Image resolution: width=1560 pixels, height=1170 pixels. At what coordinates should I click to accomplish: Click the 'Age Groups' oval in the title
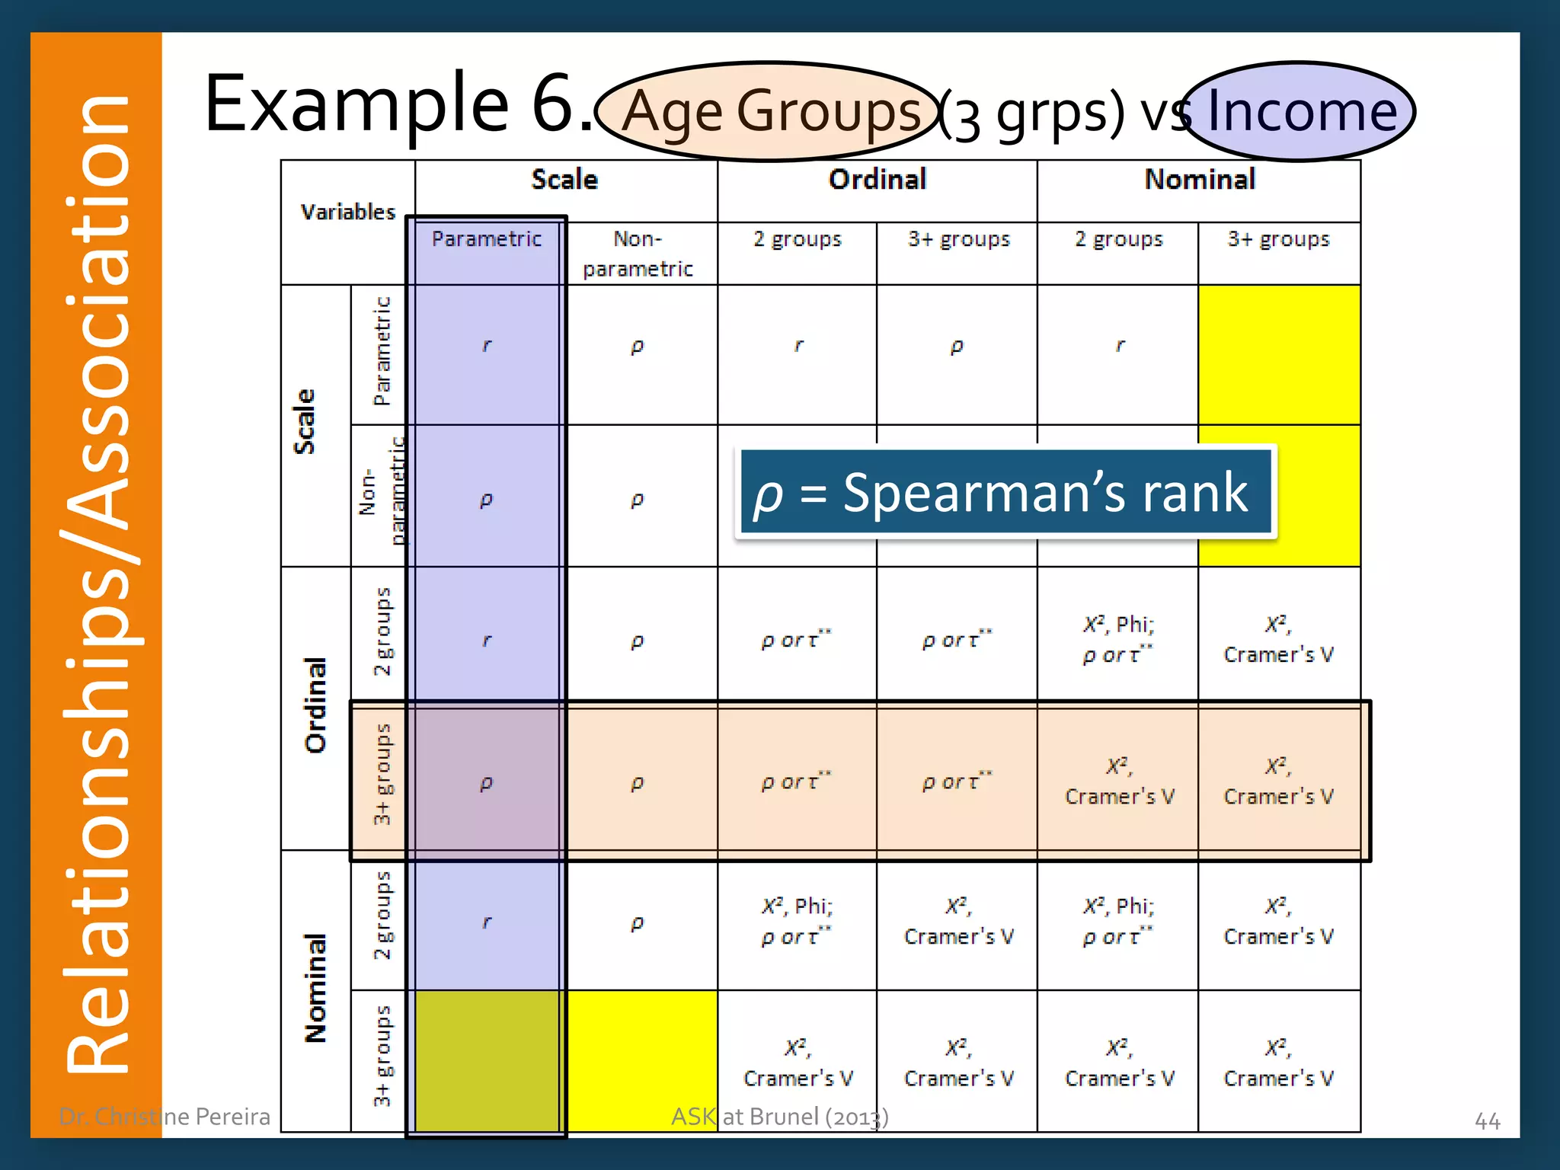pyautogui.click(x=769, y=111)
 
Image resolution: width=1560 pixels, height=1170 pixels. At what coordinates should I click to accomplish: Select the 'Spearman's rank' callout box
pyautogui.click(x=1005, y=492)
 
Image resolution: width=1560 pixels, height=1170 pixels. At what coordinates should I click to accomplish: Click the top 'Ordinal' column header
pyautogui.click(x=877, y=180)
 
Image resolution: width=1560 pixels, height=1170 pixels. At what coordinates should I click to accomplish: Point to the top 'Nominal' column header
pyautogui.click(x=1200, y=180)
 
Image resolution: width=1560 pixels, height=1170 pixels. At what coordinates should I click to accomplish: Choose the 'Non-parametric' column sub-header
pyautogui.click(x=638, y=254)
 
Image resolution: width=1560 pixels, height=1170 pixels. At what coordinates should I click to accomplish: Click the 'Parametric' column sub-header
pyautogui.click(x=487, y=239)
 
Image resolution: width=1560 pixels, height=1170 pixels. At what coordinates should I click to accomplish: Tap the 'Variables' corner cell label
pyautogui.click(x=348, y=212)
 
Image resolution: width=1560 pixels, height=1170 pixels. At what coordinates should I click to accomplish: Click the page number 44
pyautogui.click(x=1487, y=1120)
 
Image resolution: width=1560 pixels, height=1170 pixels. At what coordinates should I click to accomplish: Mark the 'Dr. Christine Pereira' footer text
pyautogui.click(x=165, y=1117)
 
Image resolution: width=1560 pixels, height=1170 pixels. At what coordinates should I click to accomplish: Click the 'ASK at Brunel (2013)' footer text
pyautogui.click(x=779, y=1117)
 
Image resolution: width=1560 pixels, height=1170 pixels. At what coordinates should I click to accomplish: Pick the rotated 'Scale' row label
pyautogui.click(x=305, y=422)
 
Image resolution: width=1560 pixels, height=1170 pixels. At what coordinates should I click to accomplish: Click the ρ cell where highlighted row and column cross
pyautogui.click(x=487, y=782)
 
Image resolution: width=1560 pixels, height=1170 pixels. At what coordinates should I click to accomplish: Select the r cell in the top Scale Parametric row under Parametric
pyautogui.click(x=487, y=346)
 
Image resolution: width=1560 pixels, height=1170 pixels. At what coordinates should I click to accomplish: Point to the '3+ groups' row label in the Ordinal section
pyautogui.click(x=382, y=774)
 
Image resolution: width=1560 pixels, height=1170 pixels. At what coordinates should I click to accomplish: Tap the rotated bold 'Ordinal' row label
pyautogui.click(x=315, y=705)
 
